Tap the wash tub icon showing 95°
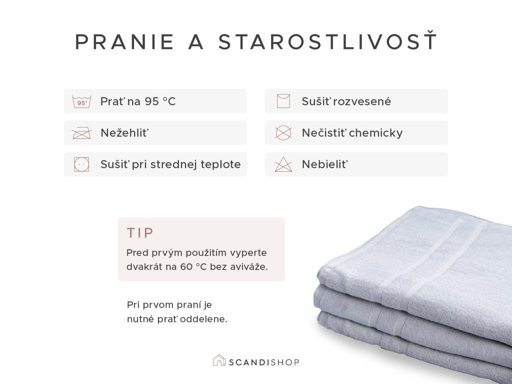tap(81, 101)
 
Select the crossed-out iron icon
tap(81, 133)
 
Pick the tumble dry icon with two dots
tap(81, 164)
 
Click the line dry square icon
tap(283, 101)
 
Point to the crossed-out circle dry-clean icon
tap(283, 133)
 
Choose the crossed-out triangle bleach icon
tap(283, 164)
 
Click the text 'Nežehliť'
tap(124, 133)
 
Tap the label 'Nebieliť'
tap(325, 164)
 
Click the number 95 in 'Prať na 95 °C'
tap(152, 101)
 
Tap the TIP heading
tap(140, 233)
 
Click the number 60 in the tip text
tap(186, 267)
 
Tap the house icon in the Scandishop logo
tap(219, 360)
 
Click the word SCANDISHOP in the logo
tap(264, 362)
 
